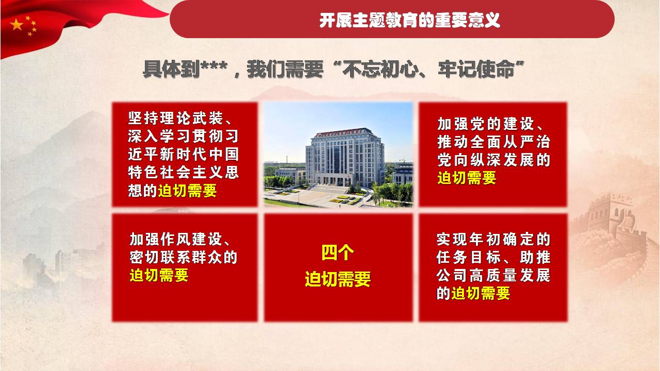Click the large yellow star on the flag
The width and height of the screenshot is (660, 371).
(16, 24)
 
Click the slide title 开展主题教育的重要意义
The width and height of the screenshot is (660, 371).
(410, 20)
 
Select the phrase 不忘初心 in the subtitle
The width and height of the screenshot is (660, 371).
(381, 70)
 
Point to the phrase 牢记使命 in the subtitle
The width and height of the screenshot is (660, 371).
(476, 70)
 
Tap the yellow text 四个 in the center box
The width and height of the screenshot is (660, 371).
(338, 252)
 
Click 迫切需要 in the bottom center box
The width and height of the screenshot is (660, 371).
(338, 279)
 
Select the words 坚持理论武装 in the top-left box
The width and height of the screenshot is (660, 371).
(175, 119)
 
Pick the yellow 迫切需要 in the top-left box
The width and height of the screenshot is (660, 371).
(187, 191)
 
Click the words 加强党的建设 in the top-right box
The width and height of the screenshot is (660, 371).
(486, 124)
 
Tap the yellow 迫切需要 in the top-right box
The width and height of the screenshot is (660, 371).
(467, 178)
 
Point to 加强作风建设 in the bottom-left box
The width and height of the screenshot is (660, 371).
(176, 239)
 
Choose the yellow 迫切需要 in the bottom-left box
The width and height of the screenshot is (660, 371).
(159, 275)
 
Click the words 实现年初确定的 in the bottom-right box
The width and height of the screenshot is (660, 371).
(493, 239)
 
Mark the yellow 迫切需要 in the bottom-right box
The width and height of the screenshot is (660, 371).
(481, 293)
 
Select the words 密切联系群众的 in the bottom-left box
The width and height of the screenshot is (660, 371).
(184, 257)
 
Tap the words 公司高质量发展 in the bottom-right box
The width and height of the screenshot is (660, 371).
(493, 275)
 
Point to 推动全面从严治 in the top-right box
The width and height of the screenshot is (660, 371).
(494, 142)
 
